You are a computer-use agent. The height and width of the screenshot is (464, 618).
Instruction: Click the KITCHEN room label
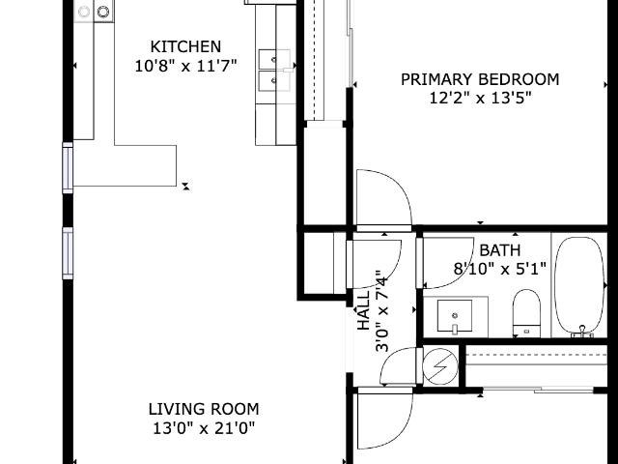[185, 46]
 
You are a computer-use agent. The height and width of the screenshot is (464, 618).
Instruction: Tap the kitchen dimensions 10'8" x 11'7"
[185, 66]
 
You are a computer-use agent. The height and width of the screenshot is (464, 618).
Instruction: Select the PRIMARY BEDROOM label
[480, 79]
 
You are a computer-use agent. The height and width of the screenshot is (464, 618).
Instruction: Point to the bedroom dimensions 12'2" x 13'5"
[480, 98]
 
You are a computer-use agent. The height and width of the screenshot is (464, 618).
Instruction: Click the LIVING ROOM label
[204, 409]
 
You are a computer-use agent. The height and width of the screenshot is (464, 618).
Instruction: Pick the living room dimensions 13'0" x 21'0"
[204, 428]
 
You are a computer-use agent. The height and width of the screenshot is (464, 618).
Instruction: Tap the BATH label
[500, 250]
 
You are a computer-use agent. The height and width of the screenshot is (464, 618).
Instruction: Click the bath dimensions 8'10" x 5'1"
[500, 269]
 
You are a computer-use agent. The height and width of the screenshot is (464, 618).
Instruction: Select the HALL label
[363, 310]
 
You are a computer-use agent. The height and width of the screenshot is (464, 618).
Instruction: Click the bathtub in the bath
[579, 286]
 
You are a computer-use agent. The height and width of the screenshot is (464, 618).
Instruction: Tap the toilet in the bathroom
[526, 313]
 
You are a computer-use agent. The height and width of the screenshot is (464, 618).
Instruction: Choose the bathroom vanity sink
[455, 316]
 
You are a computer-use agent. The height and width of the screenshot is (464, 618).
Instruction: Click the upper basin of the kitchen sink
[274, 59]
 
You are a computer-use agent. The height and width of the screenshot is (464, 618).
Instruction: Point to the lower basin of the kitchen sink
[274, 81]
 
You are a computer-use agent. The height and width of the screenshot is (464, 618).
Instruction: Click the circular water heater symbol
[440, 366]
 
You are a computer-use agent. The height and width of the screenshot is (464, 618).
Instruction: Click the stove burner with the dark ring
[103, 12]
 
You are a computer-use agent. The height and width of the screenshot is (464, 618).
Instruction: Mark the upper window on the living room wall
[68, 168]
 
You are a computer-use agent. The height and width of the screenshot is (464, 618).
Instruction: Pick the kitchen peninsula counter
[125, 165]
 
